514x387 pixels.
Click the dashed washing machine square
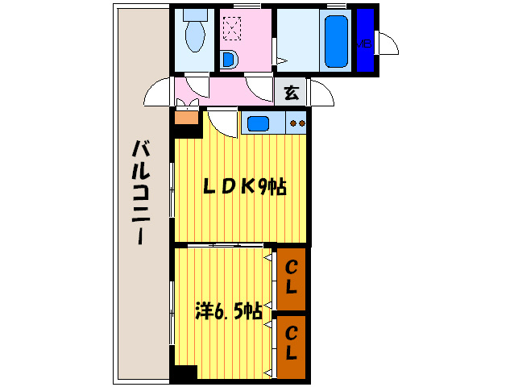click(233, 28)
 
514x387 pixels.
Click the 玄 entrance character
click(291, 93)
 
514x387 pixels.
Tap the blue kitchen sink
click(259, 123)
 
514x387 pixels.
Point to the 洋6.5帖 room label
click(228, 310)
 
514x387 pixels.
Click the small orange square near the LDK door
click(186, 118)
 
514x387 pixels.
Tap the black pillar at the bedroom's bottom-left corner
click(184, 374)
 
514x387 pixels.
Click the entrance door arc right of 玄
click(322, 93)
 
